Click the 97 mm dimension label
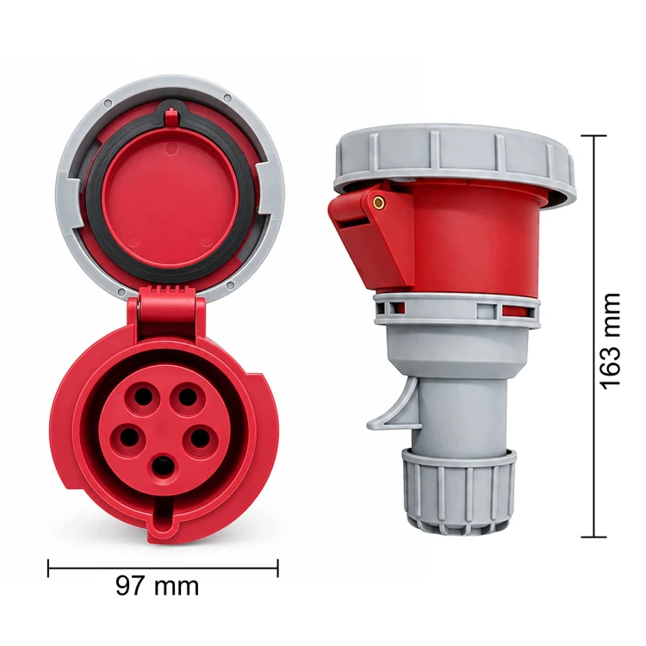[157, 586]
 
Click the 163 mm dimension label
[610, 341]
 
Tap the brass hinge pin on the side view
[378, 202]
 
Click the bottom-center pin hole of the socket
[164, 467]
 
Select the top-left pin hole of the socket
[142, 395]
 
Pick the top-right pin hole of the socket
[187, 396]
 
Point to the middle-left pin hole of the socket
[130, 437]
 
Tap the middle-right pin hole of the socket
[200, 438]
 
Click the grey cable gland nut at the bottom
[458, 490]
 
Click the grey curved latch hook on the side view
[394, 408]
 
